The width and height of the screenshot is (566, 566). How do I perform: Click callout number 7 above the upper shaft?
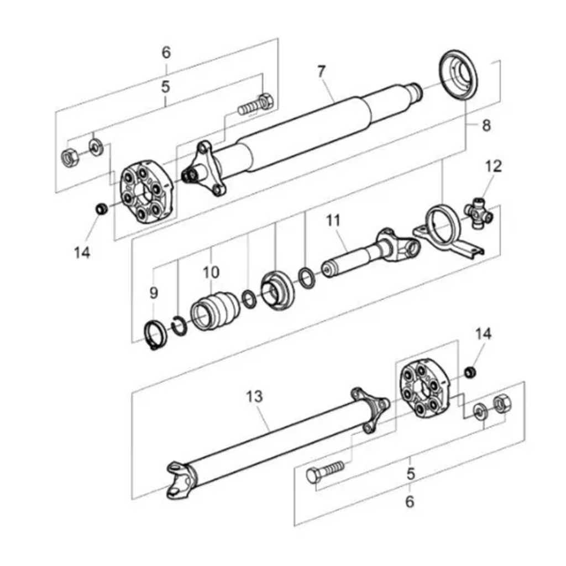[x=321, y=71]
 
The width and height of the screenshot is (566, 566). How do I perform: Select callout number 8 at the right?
[x=486, y=125]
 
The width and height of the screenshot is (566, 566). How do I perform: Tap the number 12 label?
[x=493, y=166]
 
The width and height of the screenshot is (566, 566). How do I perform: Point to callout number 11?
[x=333, y=220]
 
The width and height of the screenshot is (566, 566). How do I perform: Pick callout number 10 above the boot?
[x=211, y=272]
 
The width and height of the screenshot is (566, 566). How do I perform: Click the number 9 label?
[x=154, y=292]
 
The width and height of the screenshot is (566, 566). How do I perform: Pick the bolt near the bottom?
[x=325, y=471]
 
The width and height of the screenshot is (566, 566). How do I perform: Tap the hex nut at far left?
[x=69, y=158]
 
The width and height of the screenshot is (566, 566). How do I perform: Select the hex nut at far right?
[x=501, y=404]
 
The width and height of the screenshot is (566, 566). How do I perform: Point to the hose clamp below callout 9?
[x=155, y=334]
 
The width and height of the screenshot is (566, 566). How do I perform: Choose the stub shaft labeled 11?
[x=365, y=255]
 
